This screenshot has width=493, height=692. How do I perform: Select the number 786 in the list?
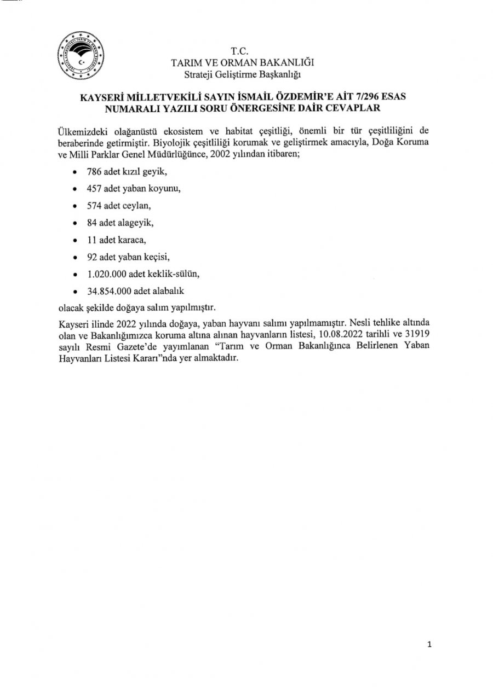point(94,172)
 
